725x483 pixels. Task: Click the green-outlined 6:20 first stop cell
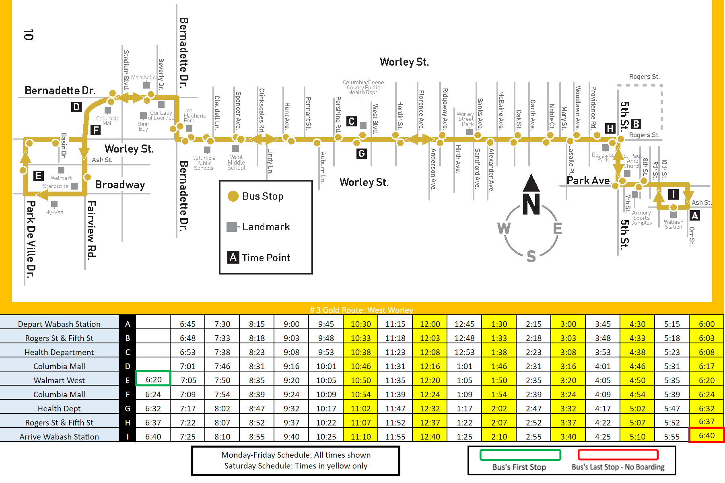point(153,380)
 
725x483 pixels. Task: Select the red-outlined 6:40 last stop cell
point(706,436)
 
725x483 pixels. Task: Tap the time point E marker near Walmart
point(38,176)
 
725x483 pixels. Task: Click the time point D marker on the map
point(76,107)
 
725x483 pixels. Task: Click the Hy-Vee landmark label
point(54,212)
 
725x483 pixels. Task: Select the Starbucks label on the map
point(56,186)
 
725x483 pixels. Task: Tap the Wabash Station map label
point(674,224)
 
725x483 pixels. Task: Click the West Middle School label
point(236,163)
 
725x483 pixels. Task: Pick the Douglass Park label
point(603,157)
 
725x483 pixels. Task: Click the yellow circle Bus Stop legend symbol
point(233,196)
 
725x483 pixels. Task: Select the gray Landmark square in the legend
point(232,227)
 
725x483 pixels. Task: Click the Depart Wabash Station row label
point(59,324)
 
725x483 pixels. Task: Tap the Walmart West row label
point(59,380)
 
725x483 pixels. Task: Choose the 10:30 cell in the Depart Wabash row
point(360,324)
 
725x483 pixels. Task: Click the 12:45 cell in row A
point(464,324)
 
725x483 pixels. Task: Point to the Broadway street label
point(120,185)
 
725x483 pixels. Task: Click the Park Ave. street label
point(588,181)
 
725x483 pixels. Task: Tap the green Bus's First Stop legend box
point(520,455)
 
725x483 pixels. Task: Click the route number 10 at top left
point(29,35)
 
